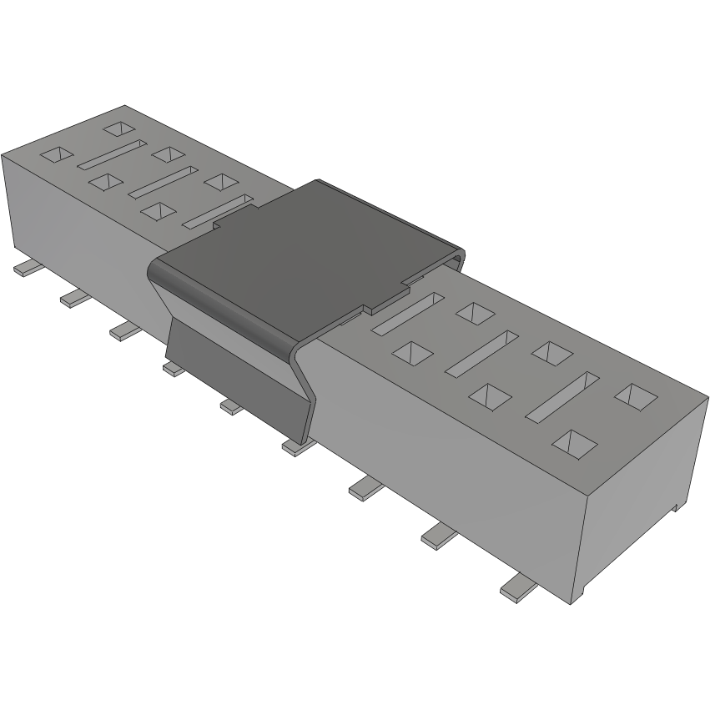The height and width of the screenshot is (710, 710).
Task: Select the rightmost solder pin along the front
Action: [x=518, y=587]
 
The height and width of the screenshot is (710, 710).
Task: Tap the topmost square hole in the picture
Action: [x=118, y=128]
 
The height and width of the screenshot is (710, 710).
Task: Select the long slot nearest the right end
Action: [x=563, y=395]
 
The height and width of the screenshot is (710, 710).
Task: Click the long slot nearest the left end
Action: [x=111, y=156]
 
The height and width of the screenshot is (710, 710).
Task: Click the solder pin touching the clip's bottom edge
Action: [x=296, y=447]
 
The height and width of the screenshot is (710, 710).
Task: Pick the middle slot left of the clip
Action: [x=163, y=183]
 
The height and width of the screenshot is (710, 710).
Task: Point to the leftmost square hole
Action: [x=58, y=154]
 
